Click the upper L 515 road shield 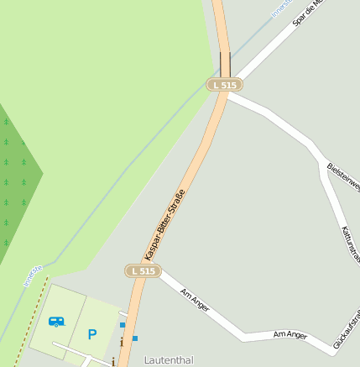[x=225, y=85]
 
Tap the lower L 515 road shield [x=143, y=270]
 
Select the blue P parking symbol [x=92, y=333]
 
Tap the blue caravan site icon [x=56, y=321]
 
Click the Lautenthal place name [x=169, y=360]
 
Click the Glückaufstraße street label [x=347, y=328]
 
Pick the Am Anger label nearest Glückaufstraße [x=290, y=334]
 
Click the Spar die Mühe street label [x=307, y=14]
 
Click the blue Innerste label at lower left [x=33, y=275]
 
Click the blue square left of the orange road [x=123, y=324]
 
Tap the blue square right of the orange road [x=135, y=338]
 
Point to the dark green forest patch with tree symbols [x=17, y=181]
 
